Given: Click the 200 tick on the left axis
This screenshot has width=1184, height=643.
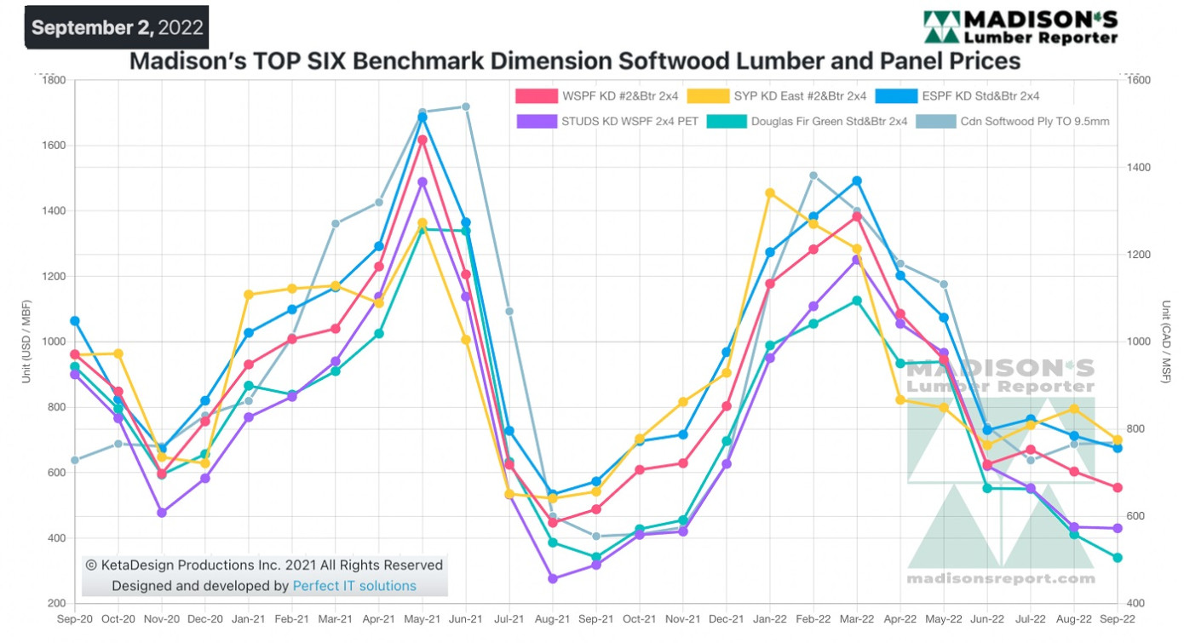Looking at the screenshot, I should tap(56, 604).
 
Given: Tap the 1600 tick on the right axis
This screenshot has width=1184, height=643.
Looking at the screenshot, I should tap(1139, 81).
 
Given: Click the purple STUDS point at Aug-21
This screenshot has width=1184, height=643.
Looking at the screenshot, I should tap(553, 578).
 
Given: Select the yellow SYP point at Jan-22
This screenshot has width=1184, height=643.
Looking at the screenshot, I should tap(770, 193).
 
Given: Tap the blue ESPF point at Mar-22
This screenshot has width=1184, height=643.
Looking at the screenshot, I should tap(857, 181).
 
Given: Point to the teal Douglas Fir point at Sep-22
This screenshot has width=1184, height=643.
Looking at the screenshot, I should tap(1118, 558).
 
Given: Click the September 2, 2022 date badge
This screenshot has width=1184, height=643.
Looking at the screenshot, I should tap(118, 27).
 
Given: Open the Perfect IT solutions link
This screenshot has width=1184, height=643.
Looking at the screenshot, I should tap(354, 586).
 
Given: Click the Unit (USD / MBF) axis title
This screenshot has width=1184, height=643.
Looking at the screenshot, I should tap(26, 342).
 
